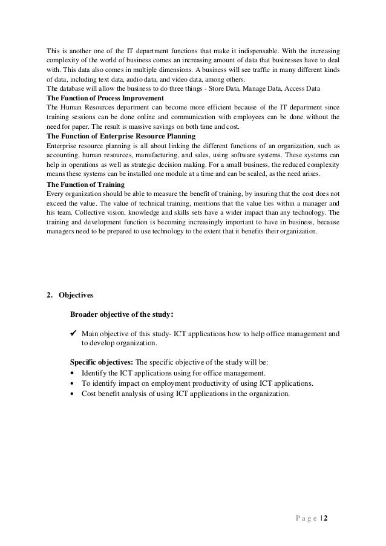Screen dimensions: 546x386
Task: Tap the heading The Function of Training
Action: tap(86, 184)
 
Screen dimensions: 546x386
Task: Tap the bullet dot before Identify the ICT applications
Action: tap(73, 373)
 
